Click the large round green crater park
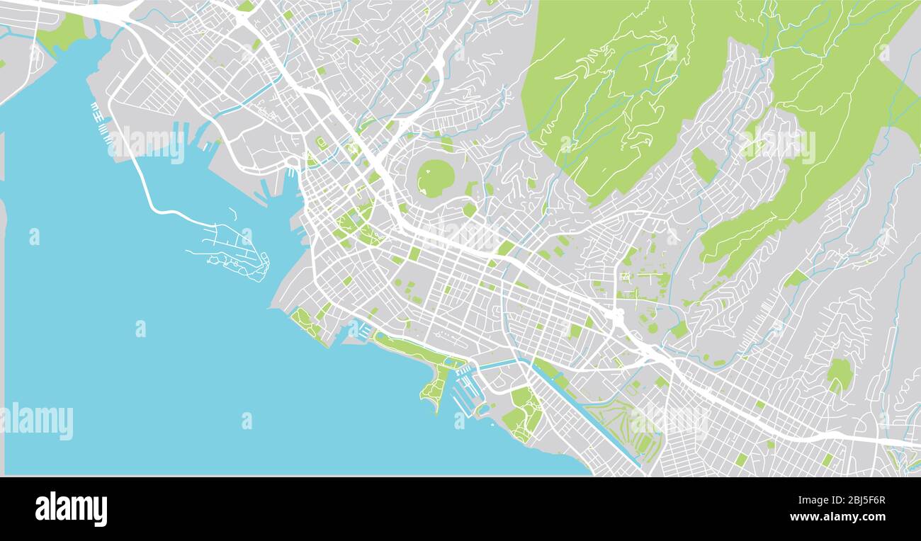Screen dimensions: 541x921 (x=435, y=178)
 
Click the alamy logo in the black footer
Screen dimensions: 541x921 (x=71, y=509)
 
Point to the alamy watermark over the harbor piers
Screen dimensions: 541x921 (x=147, y=144)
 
